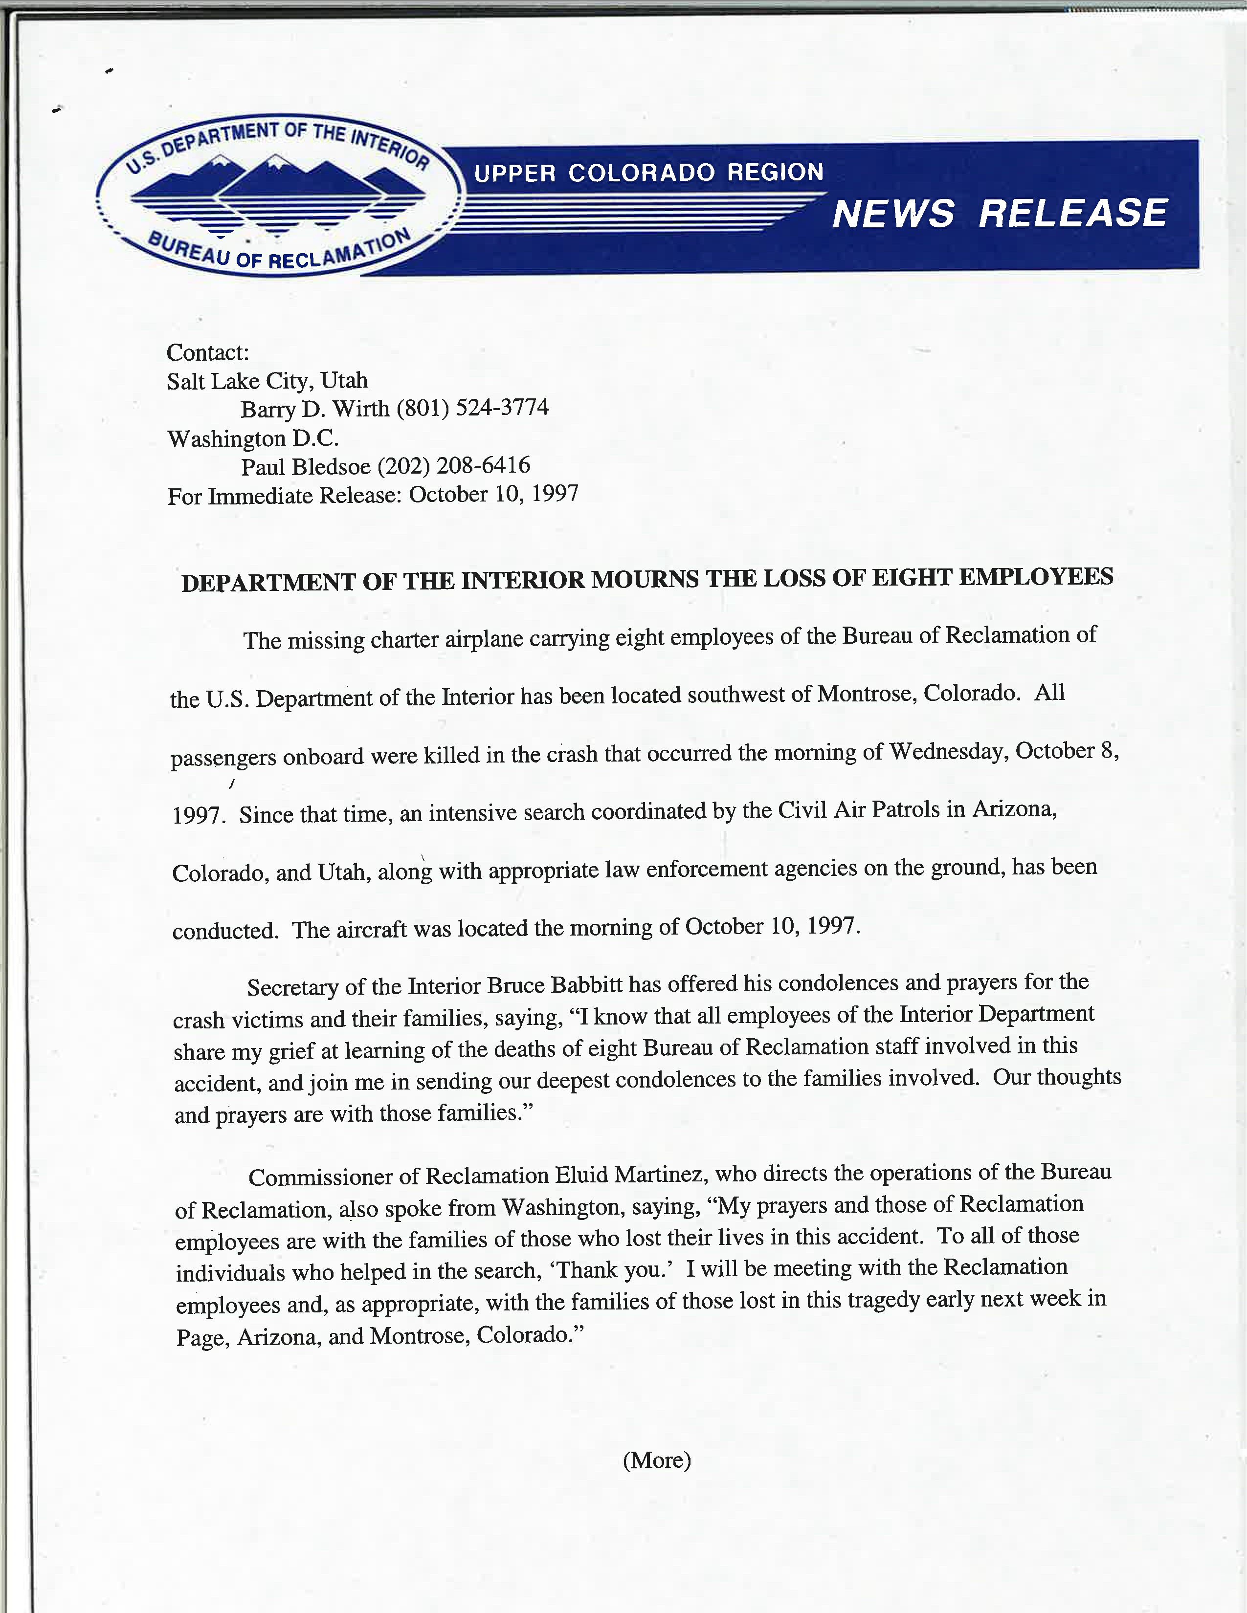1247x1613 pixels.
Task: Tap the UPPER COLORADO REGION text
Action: pyautogui.click(x=648, y=173)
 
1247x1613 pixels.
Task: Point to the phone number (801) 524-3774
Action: pyautogui.click(x=473, y=408)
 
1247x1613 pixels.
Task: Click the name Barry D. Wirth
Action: pyautogui.click(x=315, y=409)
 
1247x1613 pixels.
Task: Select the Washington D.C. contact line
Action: pyautogui.click(x=253, y=439)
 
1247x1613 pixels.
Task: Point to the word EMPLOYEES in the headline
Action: pyautogui.click(x=1036, y=576)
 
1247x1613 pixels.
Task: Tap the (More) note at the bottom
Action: pyautogui.click(x=656, y=1460)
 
